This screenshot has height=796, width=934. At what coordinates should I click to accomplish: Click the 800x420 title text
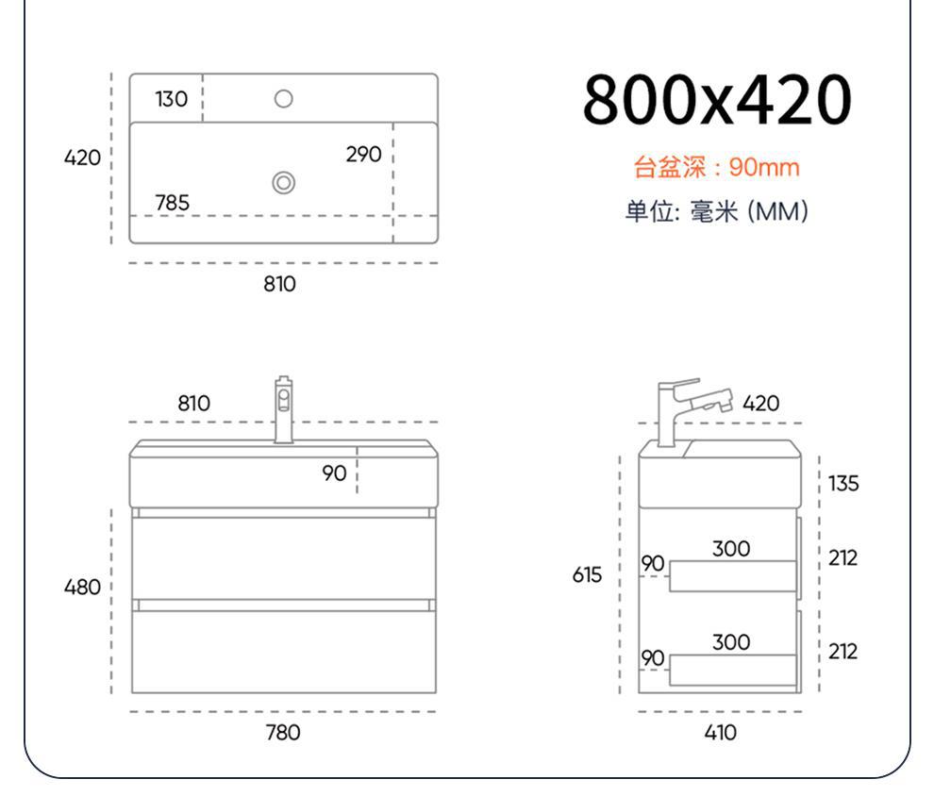[x=716, y=99]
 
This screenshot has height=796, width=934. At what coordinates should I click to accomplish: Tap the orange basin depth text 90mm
[x=716, y=168]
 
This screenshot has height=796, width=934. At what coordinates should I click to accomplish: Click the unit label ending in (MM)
[x=716, y=211]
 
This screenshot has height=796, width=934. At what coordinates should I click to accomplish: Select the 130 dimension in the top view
[x=172, y=99]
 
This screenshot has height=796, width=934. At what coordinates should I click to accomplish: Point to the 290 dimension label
[x=363, y=154]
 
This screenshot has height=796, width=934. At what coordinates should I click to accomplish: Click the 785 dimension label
[x=172, y=203]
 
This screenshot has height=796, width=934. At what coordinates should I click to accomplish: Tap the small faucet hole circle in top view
[x=283, y=98]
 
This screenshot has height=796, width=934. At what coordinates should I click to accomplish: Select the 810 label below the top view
[x=279, y=284]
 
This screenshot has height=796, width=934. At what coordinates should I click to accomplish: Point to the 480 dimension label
[x=82, y=588]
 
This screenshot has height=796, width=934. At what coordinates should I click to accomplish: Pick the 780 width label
[x=283, y=732]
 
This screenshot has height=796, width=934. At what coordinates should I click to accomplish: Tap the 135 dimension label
[x=843, y=484]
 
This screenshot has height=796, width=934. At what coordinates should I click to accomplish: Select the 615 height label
[x=587, y=574]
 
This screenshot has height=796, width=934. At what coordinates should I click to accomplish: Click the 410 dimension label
[x=721, y=732]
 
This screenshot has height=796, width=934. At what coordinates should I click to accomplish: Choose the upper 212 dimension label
[x=843, y=558]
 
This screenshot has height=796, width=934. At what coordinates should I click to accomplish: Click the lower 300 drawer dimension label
[x=731, y=642]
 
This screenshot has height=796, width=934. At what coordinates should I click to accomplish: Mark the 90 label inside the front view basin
[x=334, y=473]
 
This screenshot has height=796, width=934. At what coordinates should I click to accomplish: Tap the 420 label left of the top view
[x=82, y=158]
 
